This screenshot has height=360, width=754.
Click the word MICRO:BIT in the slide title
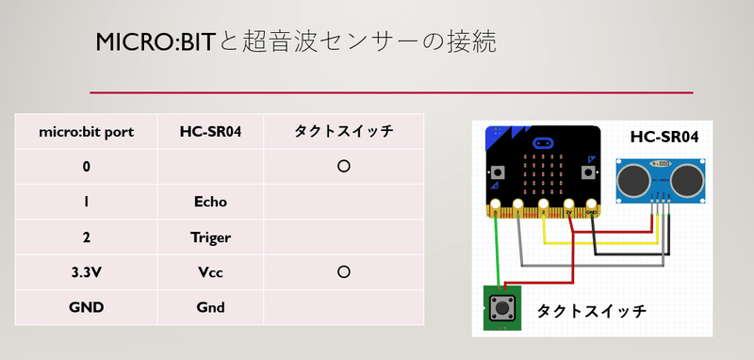pos(156,41)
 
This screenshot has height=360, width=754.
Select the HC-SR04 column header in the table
pos(210,132)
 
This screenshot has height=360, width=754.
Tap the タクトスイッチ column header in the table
pos(344,132)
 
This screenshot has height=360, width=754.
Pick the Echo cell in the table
pos(210,202)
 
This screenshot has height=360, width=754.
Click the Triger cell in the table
pos(210,237)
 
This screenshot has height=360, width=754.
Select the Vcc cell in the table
pos(210,272)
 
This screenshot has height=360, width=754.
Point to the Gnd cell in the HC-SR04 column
pos(210,307)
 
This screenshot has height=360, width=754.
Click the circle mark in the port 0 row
pos(344,166)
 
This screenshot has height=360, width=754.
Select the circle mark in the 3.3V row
pos(344,272)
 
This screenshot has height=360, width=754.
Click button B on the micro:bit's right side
pos(588,174)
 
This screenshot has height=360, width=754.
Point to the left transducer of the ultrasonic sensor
pos(632,176)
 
